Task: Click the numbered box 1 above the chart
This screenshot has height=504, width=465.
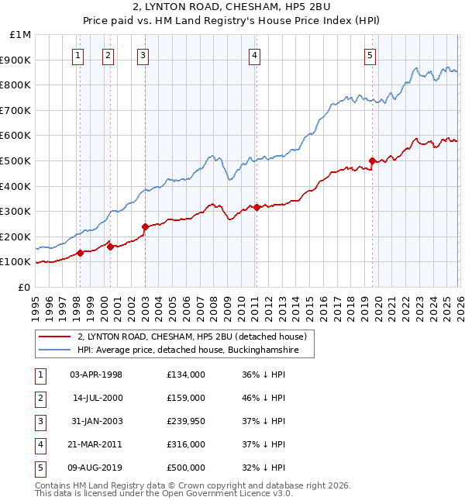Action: (x=79, y=54)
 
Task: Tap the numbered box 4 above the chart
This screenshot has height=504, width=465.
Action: (x=255, y=54)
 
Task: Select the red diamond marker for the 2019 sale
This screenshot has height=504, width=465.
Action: (x=372, y=161)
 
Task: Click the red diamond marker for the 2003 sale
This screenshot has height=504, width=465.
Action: (x=145, y=227)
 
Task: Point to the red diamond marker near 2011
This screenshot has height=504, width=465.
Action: (x=257, y=208)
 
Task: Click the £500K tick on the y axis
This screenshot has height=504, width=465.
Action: (x=16, y=161)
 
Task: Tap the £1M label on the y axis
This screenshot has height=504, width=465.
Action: (x=19, y=35)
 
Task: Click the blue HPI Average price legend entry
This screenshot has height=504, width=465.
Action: (x=194, y=350)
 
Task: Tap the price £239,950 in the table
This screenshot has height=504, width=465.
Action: (x=185, y=421)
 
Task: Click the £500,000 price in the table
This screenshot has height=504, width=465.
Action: (x=185, y=468)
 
